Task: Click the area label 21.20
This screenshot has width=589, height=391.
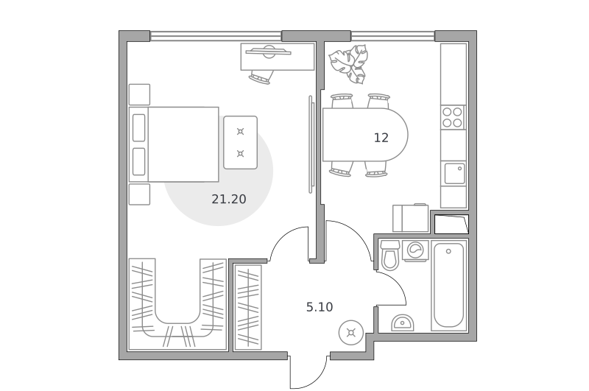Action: point(229,199)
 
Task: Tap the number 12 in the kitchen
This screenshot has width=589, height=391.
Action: point(381,138)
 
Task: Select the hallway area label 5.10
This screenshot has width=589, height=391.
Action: point(320,307)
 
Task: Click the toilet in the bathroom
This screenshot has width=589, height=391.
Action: point(389,255)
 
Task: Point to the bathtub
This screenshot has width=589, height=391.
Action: point(448,285)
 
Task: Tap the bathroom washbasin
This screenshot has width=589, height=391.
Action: point(402,323)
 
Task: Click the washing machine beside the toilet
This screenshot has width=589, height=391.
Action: point(415,250)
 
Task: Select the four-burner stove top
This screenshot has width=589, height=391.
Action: point(452,117)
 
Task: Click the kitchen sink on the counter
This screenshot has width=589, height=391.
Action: point(454,174)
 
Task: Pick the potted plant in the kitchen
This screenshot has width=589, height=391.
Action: point(348,64)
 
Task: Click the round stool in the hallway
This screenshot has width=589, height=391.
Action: point(351,332)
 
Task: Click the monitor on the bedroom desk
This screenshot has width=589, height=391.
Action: point(268,52)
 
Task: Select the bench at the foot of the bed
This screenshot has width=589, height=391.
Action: point(241,142)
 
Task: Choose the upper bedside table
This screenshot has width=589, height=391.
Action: point(139,95)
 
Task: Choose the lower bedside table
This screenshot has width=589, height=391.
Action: point(139,194)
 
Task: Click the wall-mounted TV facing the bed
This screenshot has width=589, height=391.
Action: point(311,144)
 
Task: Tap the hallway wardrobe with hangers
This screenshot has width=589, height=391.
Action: point(247,307)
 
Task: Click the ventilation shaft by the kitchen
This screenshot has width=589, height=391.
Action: point(451,224)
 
